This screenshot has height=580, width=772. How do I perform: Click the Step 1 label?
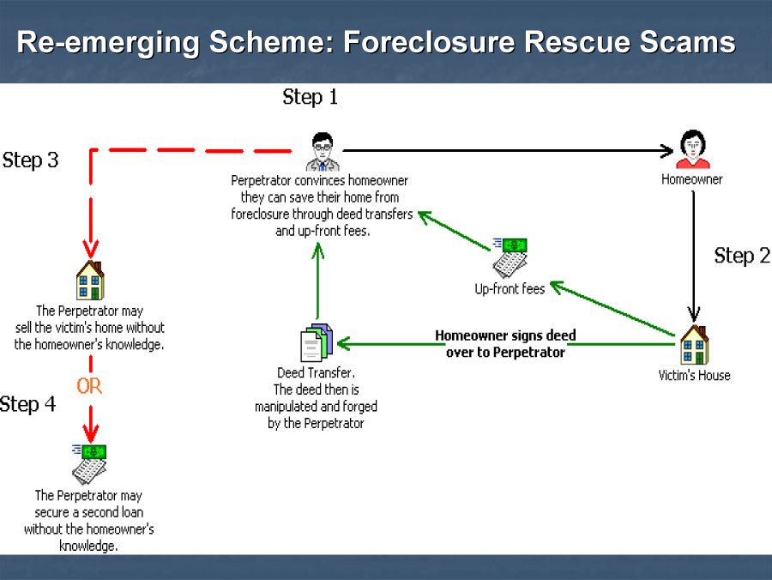point(310,98)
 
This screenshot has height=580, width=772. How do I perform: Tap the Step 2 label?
point(741,256)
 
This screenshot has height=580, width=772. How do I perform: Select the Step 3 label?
point(31,160)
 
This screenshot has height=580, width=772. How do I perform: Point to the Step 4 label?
point(28,404)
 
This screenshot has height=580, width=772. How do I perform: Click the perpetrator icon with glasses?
point(322,152)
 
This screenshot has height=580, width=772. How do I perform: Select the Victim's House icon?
point(694,345)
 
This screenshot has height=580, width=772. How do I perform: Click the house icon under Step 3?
point(90,280)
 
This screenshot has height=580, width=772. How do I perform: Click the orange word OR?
point(89,386)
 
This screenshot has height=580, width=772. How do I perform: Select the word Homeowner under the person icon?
point(691,180)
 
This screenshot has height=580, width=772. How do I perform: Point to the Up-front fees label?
point(510,289)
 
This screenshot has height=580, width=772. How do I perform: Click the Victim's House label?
point(694,376)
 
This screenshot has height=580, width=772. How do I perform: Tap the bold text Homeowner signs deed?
point(505,335)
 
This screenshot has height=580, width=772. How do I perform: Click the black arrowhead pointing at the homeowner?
point(666,151)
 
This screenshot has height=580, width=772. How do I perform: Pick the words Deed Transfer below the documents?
point(316,373)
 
